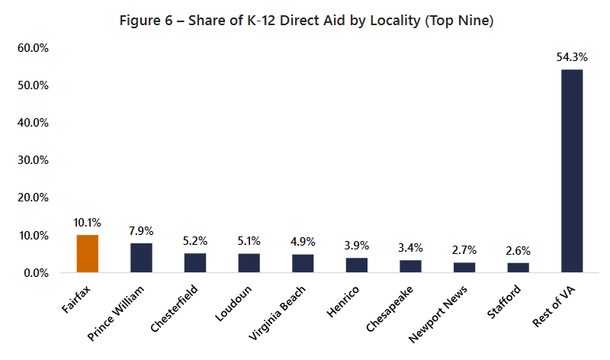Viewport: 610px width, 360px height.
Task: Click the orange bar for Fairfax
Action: coord(88,253)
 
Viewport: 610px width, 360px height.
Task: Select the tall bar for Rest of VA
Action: coord(572,171)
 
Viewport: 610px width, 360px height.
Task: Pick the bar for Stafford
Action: coord(518,268)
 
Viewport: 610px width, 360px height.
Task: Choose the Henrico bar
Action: coord(357,265)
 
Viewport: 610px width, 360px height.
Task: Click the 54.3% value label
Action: coord(572,57)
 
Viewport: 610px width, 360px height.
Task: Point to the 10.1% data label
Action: coord(88,223)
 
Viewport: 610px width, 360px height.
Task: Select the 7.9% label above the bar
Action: coord(141,231)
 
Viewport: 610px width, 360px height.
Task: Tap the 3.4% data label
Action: coord(411,248)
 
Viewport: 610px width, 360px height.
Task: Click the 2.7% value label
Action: coord(464,250)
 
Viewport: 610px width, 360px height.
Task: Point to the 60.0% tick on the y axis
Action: coord(32,48)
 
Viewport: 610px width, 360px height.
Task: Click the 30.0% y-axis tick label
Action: coord(32,160)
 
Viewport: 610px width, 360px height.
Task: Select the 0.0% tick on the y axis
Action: coord(35,272)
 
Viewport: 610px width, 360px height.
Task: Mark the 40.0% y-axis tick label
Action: coord(32,123)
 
